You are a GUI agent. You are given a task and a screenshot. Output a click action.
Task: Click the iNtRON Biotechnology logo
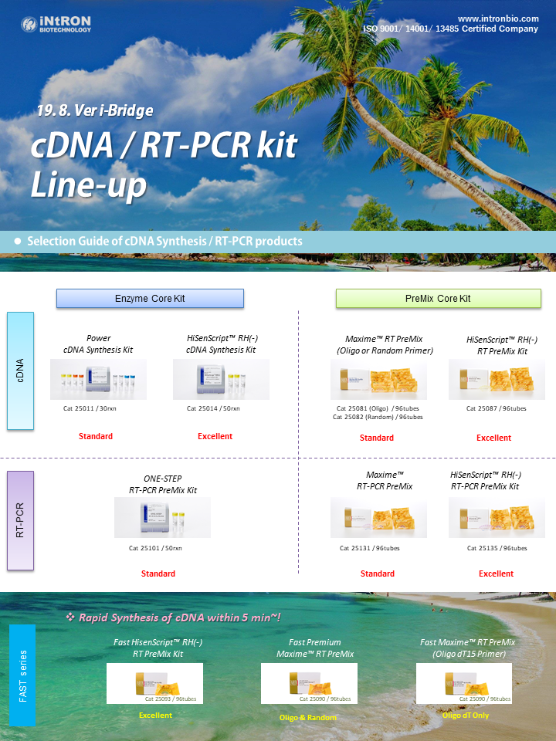[56, 24]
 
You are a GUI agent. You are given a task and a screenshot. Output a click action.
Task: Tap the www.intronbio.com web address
[498, 19]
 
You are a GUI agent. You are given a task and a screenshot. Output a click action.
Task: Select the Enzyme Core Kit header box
[150, 299]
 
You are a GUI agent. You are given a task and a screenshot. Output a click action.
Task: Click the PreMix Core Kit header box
[439, 299]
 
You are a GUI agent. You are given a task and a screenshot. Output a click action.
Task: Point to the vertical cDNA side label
[20, 370]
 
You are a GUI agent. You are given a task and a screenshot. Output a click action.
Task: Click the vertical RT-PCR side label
[20, 520]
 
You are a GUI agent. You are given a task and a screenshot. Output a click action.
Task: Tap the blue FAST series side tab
[22, 675]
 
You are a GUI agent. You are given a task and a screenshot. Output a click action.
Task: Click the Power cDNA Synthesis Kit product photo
[98, 379]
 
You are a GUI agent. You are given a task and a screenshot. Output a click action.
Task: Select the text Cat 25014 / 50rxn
[213, 408]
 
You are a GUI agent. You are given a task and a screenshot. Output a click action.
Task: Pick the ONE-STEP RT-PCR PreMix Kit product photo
[162, 517]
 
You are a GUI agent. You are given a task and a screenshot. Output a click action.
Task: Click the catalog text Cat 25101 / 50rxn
[155, 548]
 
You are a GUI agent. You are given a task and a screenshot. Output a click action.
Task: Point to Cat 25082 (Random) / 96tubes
[378, 417]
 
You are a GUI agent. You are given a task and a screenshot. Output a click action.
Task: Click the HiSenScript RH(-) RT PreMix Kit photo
[497, 379]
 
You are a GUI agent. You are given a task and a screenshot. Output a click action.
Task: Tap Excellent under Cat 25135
[496, 574]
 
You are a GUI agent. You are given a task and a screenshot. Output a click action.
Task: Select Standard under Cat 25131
[378, 574]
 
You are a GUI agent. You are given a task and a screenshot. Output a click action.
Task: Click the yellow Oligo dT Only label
[466, 716]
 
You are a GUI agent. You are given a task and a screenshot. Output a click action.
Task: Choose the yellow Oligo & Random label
[308, 717]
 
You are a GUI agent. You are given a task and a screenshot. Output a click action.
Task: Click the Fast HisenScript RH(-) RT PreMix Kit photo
[154, 683]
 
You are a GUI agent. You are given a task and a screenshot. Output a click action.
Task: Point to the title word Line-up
[89, 184]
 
